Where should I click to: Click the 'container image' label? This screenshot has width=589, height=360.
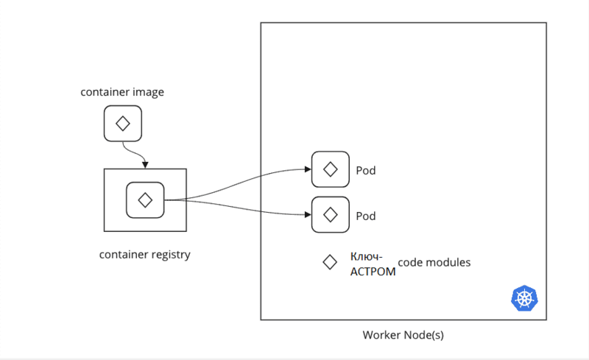122,93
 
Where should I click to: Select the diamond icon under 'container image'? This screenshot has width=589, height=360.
122,124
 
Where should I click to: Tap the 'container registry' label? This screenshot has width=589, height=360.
145,255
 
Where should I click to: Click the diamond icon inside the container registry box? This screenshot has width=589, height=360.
145,200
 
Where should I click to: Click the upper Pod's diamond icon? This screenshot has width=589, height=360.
331,169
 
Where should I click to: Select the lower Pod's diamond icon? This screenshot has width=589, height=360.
331,215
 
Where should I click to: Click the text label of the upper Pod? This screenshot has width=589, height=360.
366,171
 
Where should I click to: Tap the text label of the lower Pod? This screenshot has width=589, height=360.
366,216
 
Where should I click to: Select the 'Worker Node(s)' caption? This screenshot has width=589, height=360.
403,335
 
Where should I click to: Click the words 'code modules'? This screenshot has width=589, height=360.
434,262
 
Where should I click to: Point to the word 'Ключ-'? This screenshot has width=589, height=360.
366,257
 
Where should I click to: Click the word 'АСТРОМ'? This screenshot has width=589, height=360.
373,271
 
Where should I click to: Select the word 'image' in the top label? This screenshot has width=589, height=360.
149,93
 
